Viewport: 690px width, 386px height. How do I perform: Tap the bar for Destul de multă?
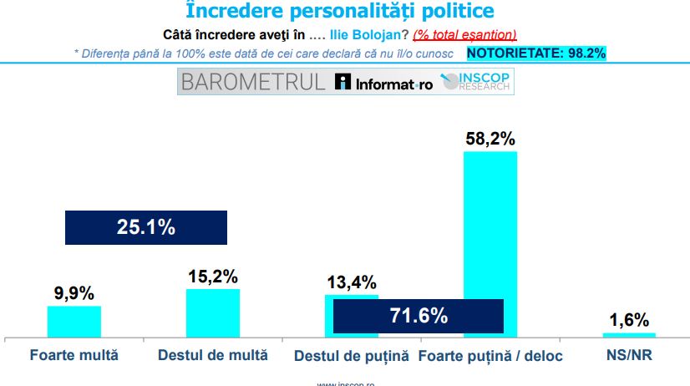pyautogui.click(x=212, y=313)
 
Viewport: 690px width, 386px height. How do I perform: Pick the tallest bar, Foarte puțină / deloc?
pyautogui.click(x=490, y=226)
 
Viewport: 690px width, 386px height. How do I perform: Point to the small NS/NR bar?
pyautogui.click(x=628, y=335)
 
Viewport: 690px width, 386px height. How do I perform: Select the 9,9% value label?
pyautogui.click(x=74, y=293)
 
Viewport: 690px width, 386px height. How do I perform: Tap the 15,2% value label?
pyautogui.click(x=213, y=277)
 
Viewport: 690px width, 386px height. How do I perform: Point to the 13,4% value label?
pyautogui.click(x=351, y=282)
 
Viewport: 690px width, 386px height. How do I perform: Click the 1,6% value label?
pyautogui.click(x=628, y=320)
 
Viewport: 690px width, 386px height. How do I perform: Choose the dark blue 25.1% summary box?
pyautogui.click(x=145, y=226)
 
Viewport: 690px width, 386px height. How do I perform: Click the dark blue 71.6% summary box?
pyautogui.click(x=418, y=316)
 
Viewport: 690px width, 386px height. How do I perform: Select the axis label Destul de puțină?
pyautogui.click(x=352, y=355)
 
